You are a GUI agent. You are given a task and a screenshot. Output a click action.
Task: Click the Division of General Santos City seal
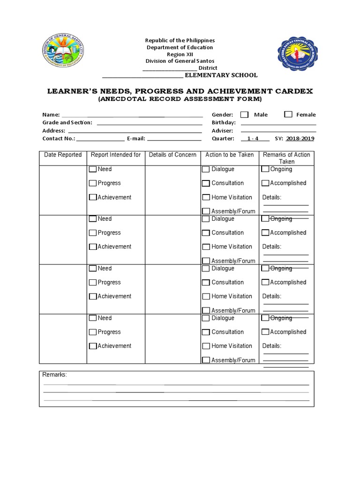[64, 55]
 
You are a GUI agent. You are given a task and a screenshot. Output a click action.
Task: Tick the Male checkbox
[244, 114]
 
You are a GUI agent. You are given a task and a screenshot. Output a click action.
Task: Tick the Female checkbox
[288, 114]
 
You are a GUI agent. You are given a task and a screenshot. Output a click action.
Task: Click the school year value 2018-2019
[300, 139]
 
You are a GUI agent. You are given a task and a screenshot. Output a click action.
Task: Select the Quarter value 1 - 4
[253, 139]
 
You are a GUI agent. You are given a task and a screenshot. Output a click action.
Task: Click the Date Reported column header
[63, 155]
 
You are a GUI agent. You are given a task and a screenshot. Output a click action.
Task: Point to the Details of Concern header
[172, 155]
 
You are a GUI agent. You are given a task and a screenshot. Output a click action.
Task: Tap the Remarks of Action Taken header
[286, 158]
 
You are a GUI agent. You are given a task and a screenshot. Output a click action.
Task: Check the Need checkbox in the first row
[93, 169]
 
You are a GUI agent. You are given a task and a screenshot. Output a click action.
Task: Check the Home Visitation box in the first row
[206, 197]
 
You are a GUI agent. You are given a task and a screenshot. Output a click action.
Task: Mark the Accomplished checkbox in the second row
[265, 232]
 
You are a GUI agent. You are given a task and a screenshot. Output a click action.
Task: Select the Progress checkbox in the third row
[93, 282]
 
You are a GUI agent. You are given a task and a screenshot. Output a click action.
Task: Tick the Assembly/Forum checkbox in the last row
[206, 360]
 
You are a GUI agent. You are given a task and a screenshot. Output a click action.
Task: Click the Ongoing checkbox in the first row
[265, 169]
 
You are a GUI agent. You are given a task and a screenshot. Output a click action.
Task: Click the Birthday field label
[224, 123]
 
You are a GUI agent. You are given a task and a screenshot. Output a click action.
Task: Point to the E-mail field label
[135, 139]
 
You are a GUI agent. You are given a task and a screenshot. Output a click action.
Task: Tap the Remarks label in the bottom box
[55, 375]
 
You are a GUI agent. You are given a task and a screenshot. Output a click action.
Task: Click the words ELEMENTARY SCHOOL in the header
[221, 75]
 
